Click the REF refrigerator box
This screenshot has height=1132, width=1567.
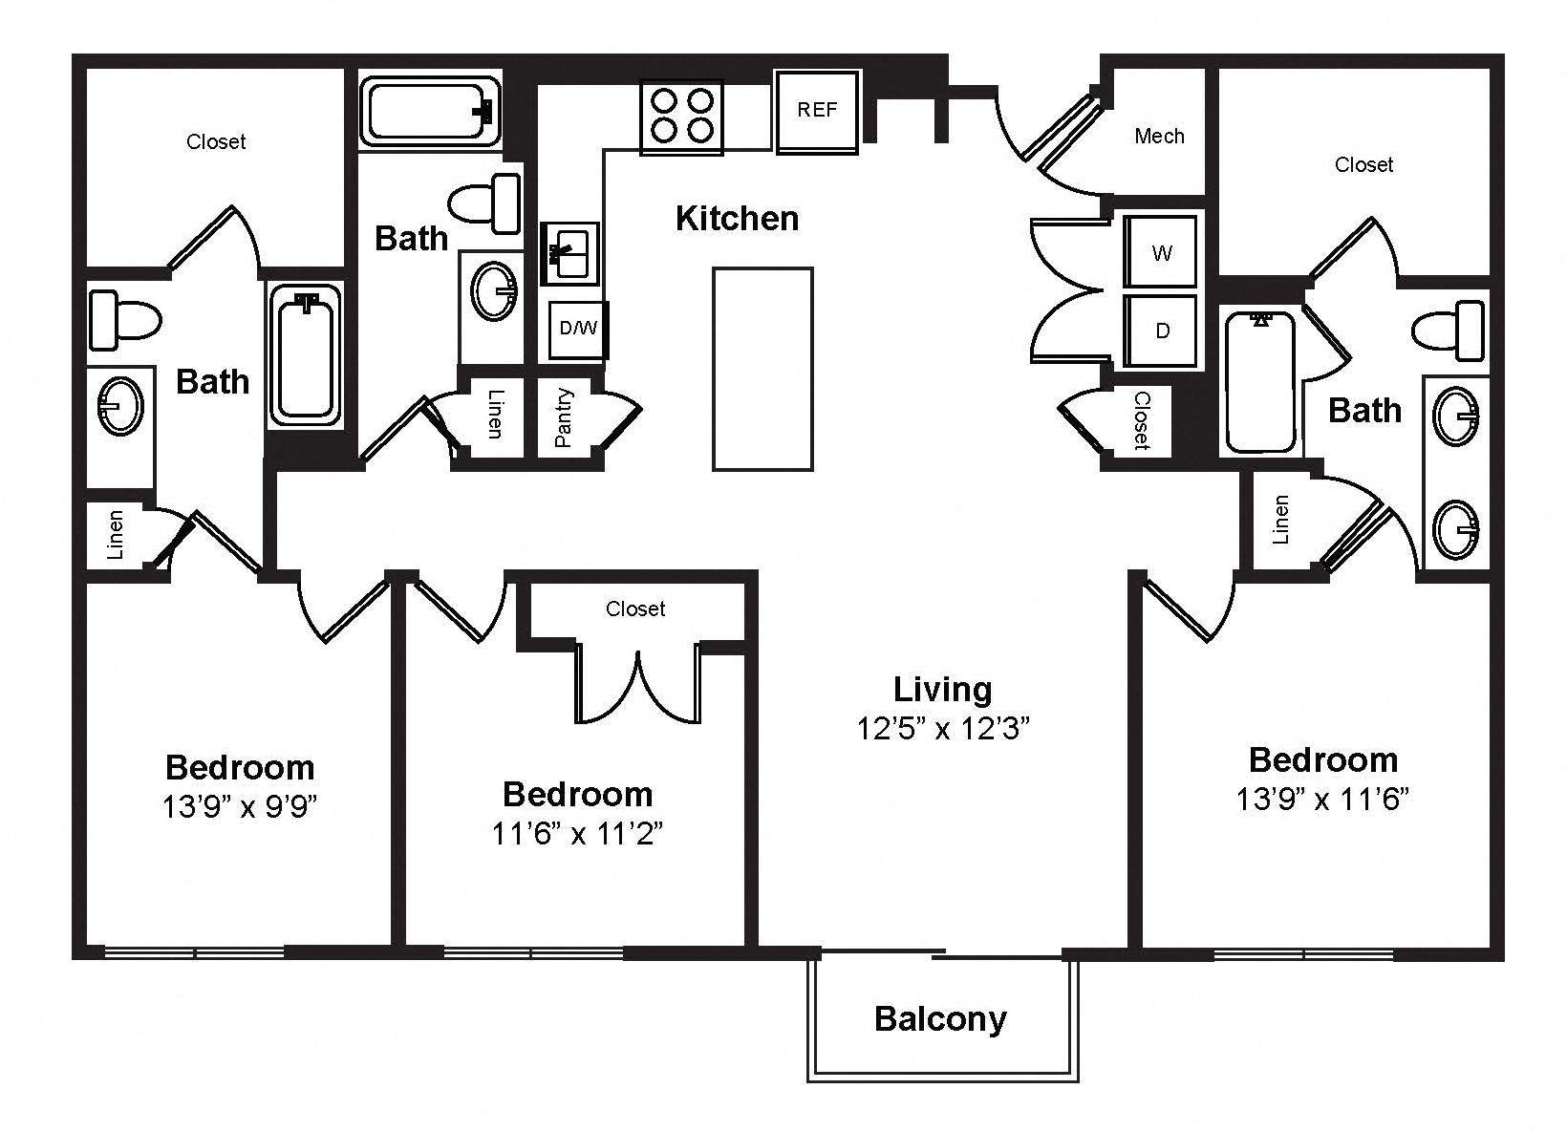[817, 111]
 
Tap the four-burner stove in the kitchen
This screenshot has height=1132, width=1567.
[682, 117]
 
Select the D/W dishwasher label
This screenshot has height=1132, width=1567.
[578, 328]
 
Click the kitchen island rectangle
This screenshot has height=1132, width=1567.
[762, 369]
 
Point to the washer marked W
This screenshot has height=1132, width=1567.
[1161, 251]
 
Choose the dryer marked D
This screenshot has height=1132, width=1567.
[1161, 330]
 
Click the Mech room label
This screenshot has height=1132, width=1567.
[1159, 136]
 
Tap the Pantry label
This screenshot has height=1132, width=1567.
[564, 417]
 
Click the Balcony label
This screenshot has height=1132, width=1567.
[940, 1018]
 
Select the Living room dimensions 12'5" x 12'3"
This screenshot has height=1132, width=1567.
[943, 729]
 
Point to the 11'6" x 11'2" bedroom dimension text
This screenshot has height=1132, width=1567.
[577, 833]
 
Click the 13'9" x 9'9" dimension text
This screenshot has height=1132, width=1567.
[239, 806]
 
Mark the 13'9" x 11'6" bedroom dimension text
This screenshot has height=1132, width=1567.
[1322, 799]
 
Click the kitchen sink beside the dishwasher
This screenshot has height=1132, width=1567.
[570, 253]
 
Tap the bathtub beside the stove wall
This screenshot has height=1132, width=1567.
[430, 112]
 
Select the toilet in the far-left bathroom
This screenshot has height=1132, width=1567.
[124, 320]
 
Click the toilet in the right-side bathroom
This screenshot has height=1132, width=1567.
[1449, 330]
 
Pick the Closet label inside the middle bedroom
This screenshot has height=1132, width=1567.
[635, 609]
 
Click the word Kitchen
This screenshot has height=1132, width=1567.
[738, 219]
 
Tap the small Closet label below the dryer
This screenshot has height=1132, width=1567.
[1142, 420]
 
